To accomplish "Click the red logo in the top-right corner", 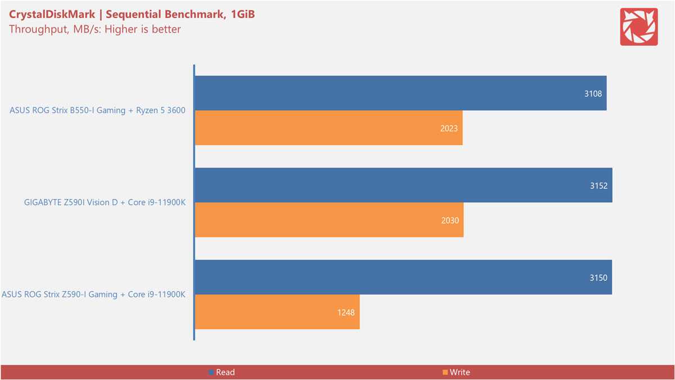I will point(638,27).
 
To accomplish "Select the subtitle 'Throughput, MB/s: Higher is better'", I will point(94,29).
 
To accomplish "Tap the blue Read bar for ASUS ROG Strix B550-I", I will point(394,93).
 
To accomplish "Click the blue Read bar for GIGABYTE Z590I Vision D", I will point(394,186).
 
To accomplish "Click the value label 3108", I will point(593,93).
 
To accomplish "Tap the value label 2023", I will point(449,128).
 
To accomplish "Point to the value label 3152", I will point(598,186).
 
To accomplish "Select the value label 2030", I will point(450,220).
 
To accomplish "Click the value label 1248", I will point(346,312).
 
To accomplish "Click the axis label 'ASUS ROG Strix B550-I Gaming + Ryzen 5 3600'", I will point(97,111).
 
